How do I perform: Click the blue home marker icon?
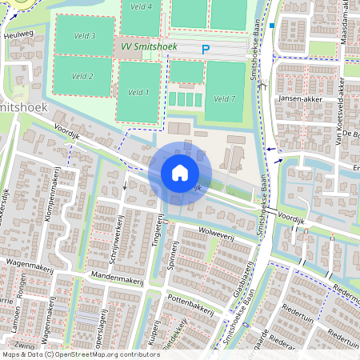tap(180, 172)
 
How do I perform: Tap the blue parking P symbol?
tap(206, 50)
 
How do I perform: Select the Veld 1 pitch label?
tap(138, 93)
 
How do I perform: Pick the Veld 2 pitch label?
tap(82, 77)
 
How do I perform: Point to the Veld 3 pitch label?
tap(84, 36)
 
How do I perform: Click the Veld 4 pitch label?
tap(141, 6)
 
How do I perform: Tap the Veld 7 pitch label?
tap(226, 98)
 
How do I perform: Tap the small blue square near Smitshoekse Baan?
tap(272, 26)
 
